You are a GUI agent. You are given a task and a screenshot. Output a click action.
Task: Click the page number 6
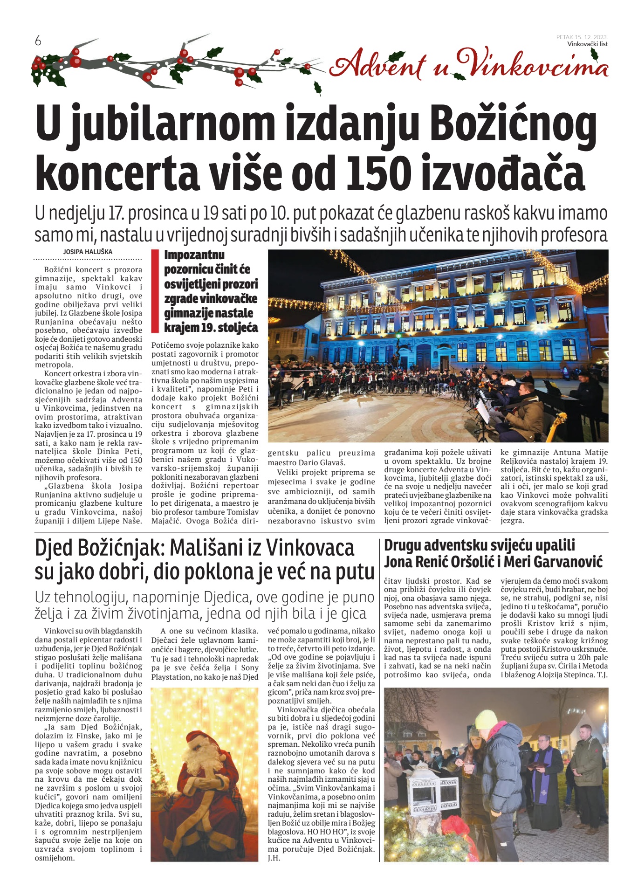coord(38,41)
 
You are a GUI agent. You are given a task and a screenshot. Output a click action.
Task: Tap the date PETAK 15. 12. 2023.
coord(582,37)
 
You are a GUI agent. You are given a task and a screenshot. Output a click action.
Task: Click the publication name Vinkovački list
coord(588,44)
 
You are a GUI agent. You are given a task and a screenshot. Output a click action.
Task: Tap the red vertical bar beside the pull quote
coord(155,291)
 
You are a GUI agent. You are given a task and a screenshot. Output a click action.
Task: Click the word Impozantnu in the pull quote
coord(194,255)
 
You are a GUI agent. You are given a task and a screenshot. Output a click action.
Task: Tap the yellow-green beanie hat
coord(487,719)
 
